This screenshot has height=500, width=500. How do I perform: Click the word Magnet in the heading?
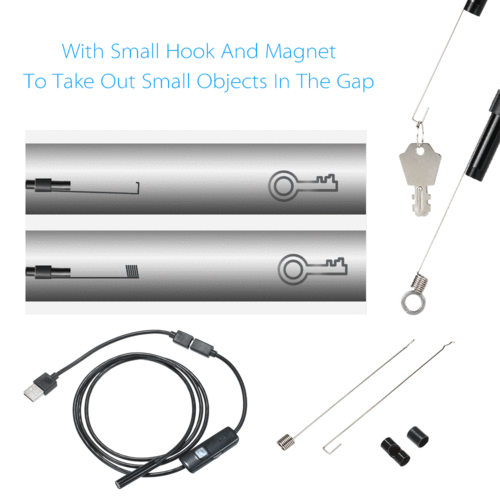[300, 53]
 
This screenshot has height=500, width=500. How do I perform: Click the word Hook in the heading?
[190, 51]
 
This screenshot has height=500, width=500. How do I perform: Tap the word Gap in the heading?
[355, 82]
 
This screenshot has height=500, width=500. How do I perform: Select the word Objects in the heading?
[232, 82]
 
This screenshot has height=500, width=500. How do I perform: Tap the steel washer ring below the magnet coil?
[413, 301]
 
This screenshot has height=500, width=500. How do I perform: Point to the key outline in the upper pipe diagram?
[302, 185]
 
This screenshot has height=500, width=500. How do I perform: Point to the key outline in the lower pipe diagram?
[312, 269]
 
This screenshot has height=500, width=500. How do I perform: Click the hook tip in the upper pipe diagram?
[137, 188]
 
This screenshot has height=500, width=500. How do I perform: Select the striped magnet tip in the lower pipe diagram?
[132, 271]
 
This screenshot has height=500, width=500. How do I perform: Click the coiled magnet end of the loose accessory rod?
[286, 442]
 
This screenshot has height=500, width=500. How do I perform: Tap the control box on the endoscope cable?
[209, 449]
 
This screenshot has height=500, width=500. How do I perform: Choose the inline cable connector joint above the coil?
[193, 343]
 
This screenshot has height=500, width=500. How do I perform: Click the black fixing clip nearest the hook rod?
[395, 452]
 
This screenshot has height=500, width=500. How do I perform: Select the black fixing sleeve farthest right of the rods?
[418, 436]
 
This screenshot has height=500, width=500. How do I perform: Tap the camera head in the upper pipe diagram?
[48, 185]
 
